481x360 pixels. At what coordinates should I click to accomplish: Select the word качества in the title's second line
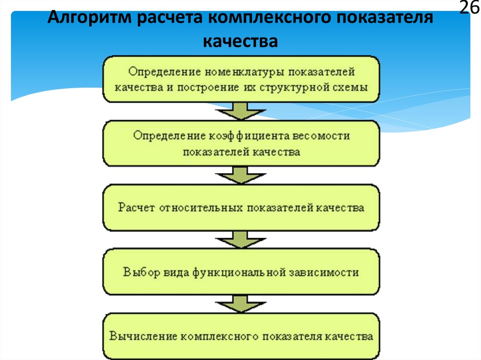240,41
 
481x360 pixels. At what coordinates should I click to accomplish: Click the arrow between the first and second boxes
241,111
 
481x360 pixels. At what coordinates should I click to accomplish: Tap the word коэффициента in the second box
249,136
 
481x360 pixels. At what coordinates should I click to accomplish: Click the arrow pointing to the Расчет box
241,175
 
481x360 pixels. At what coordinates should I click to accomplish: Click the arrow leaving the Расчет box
241,239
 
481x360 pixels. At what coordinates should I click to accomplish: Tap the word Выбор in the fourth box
141,272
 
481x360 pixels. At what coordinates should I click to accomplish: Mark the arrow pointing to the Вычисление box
241,304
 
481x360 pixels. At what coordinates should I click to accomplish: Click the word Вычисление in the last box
143,337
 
